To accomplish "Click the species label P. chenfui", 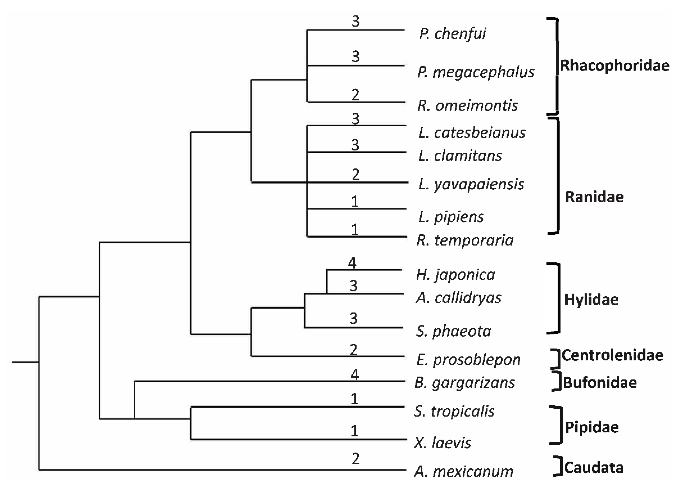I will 452,34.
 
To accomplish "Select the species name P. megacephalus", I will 476,72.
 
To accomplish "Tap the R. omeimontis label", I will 467,106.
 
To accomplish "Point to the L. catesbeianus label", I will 472,133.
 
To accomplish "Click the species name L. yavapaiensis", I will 471,184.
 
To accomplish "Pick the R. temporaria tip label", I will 465,240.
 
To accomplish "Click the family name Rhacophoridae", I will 615,65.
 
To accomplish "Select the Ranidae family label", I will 594,197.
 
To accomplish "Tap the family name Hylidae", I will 591,300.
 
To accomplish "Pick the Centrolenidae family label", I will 612,355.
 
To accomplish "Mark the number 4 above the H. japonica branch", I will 352,263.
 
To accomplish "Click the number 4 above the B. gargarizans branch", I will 355,374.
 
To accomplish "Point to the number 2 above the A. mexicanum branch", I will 355,458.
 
